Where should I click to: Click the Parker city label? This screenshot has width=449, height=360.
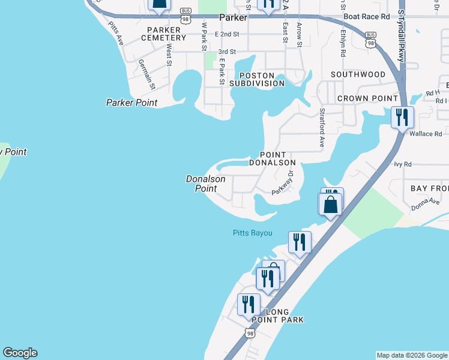tap(234, 18)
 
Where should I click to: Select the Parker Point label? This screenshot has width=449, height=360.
tap(131, 103)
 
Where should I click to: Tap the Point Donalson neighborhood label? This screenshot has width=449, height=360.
tap(277, 158)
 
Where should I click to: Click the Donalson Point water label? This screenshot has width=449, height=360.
tap(205, 184)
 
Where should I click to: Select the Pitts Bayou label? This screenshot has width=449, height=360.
tap(252, 233)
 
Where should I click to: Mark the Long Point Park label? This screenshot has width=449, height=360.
tap(277, 316)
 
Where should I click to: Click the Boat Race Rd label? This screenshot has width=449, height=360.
tap(364, 17)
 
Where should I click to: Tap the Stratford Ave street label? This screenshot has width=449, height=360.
tap(322, 127)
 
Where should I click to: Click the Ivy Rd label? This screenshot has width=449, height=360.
tap(403, 164)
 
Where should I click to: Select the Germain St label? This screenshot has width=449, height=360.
tap(146, 74)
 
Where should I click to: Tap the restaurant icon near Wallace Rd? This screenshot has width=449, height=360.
tap(401, 117)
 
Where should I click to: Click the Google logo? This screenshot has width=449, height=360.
tap(20, 353)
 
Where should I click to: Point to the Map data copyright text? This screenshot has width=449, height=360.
tap(412, 355)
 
